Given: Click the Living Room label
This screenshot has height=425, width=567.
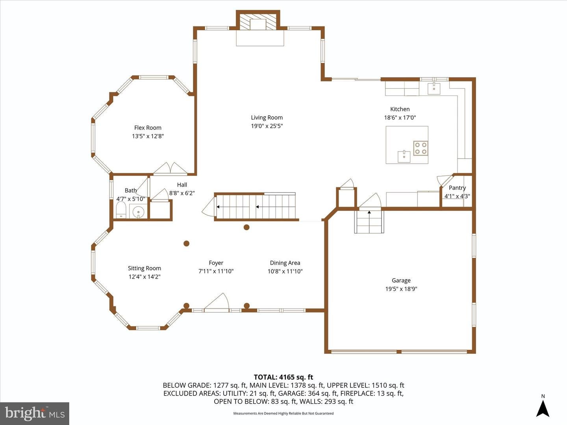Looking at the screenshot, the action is [x=267, y=118].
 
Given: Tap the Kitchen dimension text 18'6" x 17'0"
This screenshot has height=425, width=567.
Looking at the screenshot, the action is [x=400, y=118].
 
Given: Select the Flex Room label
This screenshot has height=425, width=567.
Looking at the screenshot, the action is [x=148, y=128].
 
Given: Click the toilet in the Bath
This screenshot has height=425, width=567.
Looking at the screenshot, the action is [x=120, y=209].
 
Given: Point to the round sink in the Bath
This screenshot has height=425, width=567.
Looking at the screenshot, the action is [x=139, y=211].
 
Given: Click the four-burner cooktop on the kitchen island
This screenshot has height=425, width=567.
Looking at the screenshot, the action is [x=421, y=148].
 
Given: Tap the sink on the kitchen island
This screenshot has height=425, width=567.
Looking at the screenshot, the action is [x=404, y=156].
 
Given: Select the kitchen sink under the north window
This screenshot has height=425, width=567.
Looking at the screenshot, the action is [x=434, y=88].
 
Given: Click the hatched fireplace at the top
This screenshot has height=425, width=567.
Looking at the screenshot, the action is [x=258, y=22].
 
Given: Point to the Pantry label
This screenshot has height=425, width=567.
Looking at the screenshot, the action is [x=457, y=188].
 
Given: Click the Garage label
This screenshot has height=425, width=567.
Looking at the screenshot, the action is [x=401, y=280].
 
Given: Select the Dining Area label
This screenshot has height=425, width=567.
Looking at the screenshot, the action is [x=285, y=263].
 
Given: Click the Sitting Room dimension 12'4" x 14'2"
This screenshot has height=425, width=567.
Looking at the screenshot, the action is [x=145, y=277].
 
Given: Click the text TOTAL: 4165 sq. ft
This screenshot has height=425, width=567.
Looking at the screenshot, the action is [x=283, y=377].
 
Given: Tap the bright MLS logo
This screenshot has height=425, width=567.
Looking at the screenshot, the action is [x=35, y=413].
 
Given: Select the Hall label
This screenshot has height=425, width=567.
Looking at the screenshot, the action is [x=182, y=185].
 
